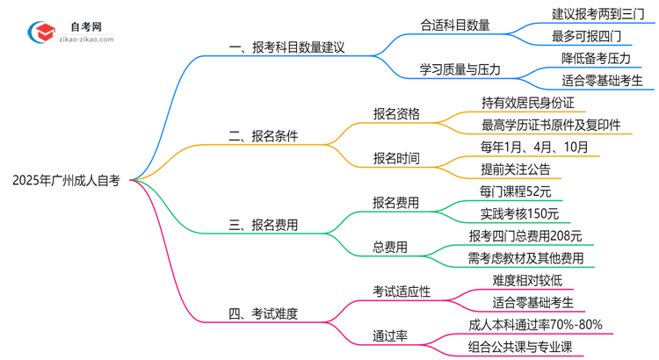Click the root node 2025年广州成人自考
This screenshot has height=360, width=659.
pyautogui.click(x=67, y=181)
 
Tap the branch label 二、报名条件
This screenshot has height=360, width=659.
pyautogui.click(x=264, y=136)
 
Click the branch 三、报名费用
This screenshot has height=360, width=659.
pyautogui.click(x=264, y=225)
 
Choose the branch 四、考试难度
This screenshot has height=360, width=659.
pyautogui.click(x=264, y=313)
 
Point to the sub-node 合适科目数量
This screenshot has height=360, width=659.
pyautogui.click(x=455, y=24)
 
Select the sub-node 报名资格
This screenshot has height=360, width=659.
pyautogui.click(x=396, y=113)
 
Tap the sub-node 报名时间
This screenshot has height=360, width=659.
pyautogui.click(x=396, y=159)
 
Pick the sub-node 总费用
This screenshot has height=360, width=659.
pyautogui.click(x=390, y=248)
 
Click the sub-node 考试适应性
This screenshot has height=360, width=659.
pyautogui.click(x=402, y=292)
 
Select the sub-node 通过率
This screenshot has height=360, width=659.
pyautogui.click(x=390, y=335)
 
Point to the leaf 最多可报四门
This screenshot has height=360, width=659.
pyautogui.click(x=586, y=35)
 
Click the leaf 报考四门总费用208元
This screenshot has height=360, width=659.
pyautogui.click(x=525, y=235)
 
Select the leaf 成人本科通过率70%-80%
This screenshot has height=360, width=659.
pyautogui.click(x=536, y=324)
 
